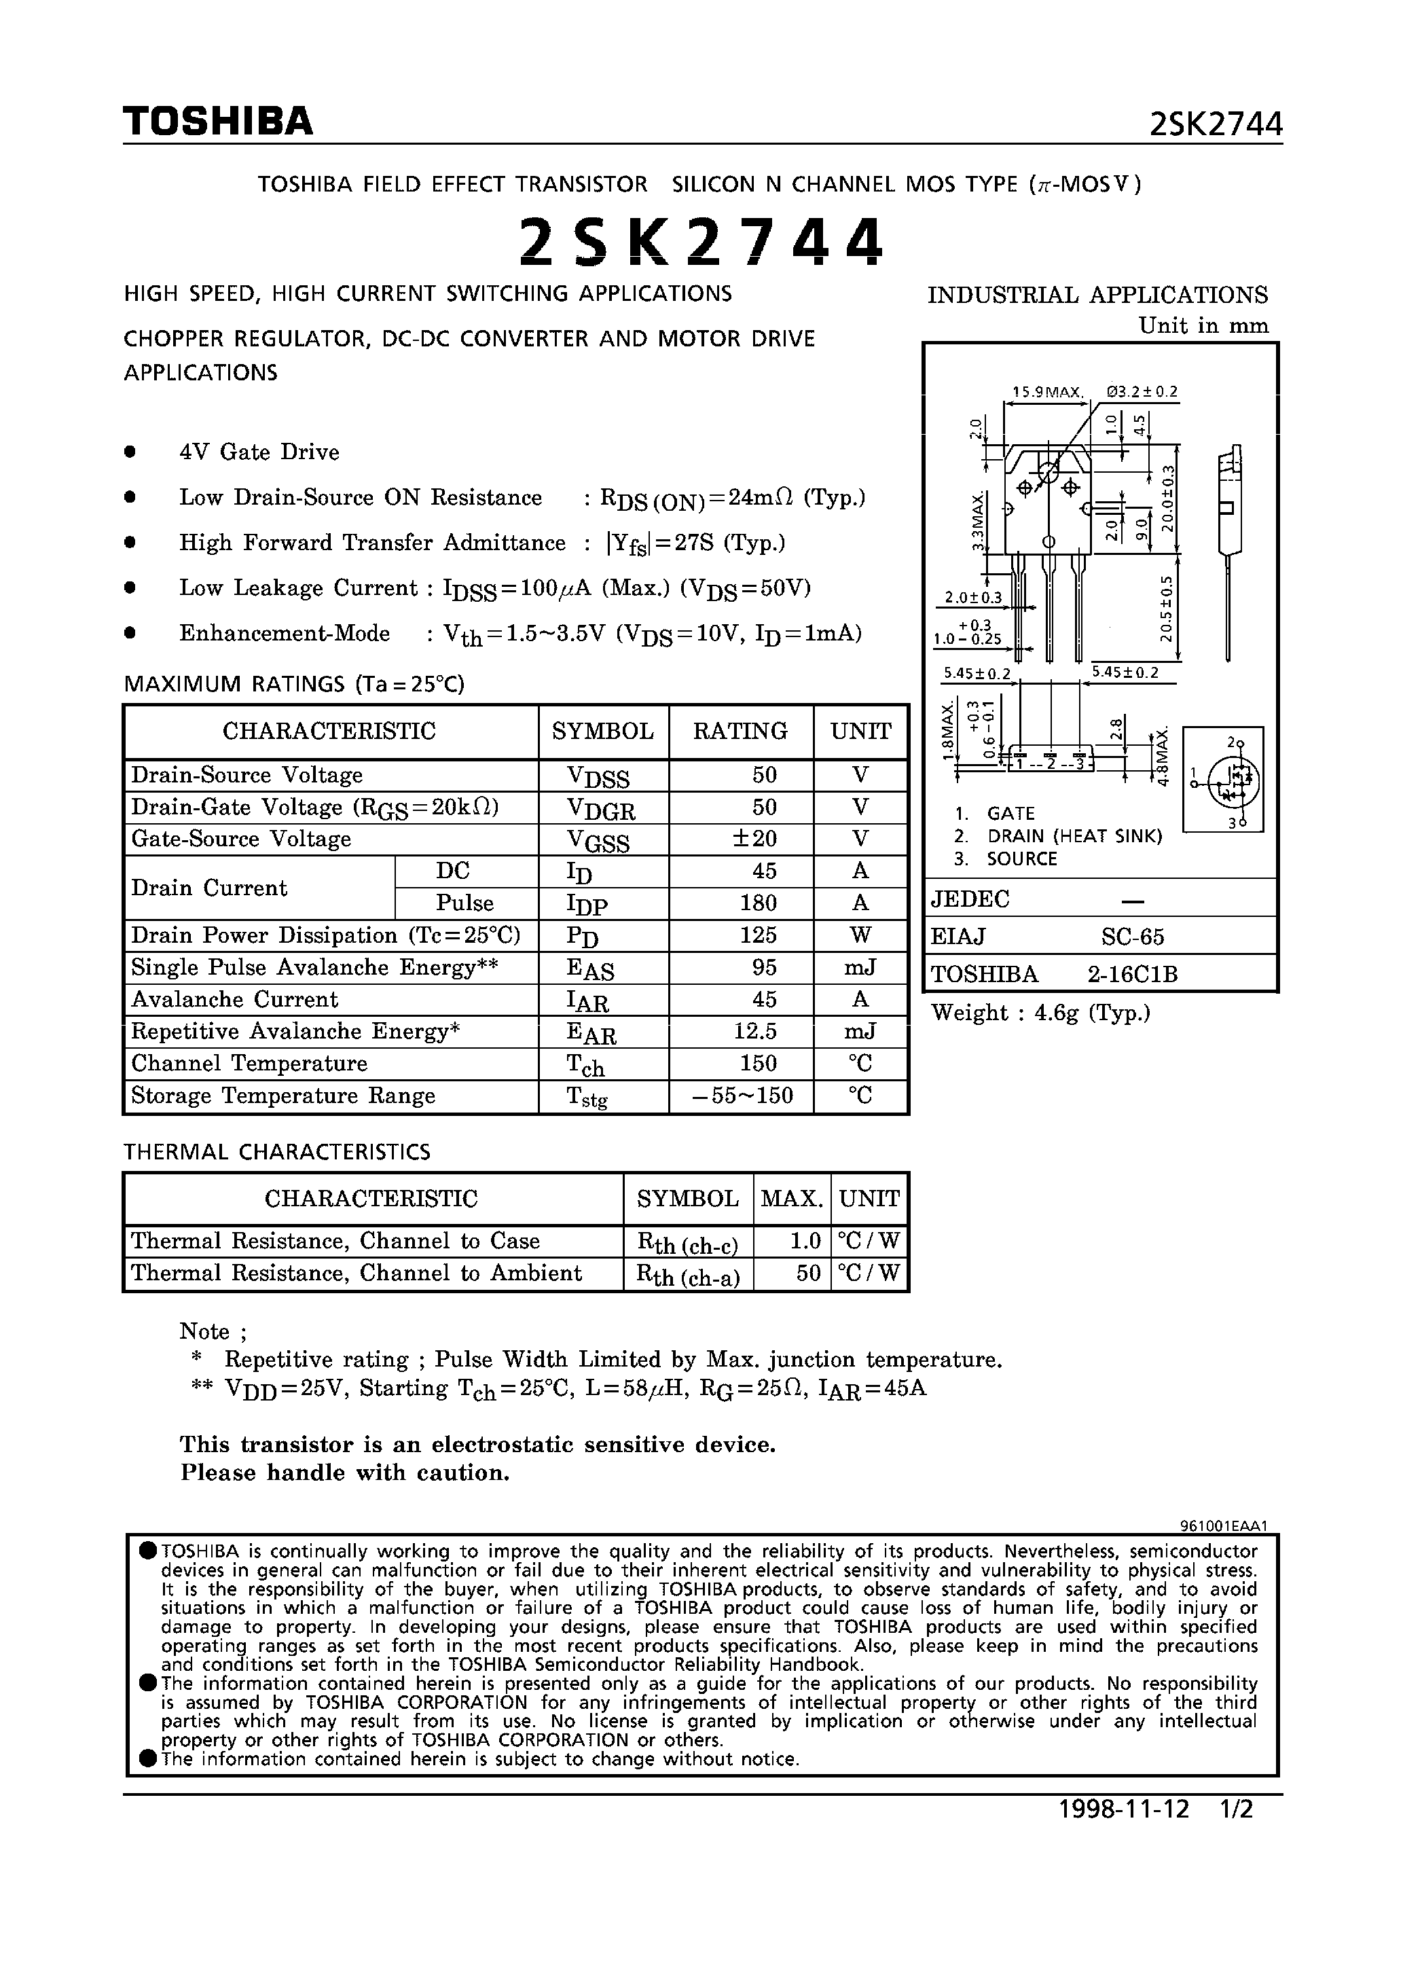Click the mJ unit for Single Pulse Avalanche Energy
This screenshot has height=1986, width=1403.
tap(860, 967)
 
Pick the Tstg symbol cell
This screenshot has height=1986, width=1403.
tap(587, 1096)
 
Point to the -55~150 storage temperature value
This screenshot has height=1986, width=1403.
tap(743, 1096)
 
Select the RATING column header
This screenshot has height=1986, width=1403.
tap(740, 731)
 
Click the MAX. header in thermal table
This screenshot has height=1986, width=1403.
tap(791, 1199)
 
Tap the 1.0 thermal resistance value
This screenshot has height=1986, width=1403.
tap(805, 1242)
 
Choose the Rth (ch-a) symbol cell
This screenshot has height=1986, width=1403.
tap(688, 1274)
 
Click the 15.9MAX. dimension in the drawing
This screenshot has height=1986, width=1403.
tap(1047, 392)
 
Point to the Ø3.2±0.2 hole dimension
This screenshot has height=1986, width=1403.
tap(1142, 392)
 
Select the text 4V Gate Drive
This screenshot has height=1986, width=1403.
tap(259, 452)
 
